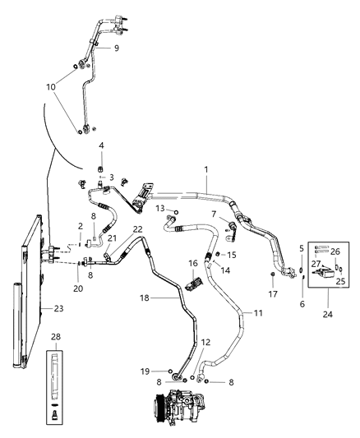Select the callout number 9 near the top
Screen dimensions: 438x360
click(x=116, y=48)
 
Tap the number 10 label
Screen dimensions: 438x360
click(x=51, y=86)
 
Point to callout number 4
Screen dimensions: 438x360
click(x=102, y=146)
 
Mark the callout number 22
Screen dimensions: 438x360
click(x=138, y=251)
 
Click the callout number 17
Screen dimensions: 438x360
click(x=274, y=292)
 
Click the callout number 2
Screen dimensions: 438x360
click(x=81, y=226)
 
